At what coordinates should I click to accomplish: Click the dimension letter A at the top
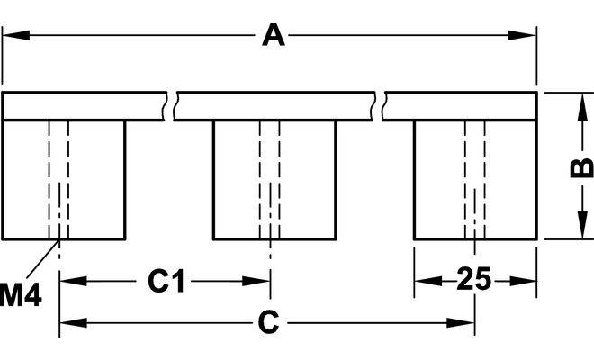coord(272,36)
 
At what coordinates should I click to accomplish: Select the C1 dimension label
coord(167,282)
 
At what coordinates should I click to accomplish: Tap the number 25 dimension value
coord(473,280)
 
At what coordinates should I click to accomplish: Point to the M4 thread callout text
coord(19,293)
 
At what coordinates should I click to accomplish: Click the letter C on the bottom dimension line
coord(268,322)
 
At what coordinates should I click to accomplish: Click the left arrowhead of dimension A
coord(13,36)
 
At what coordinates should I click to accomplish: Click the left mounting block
coord(64,179)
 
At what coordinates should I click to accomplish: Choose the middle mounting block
coord(274,179)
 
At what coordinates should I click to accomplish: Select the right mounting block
coord(475,179)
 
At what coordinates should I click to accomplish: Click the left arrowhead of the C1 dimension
coord(68,282)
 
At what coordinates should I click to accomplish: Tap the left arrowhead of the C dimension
coord(68,322)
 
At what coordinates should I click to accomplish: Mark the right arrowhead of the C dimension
coord(465,322)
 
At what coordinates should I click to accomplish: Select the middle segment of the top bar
coord(274,105)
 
